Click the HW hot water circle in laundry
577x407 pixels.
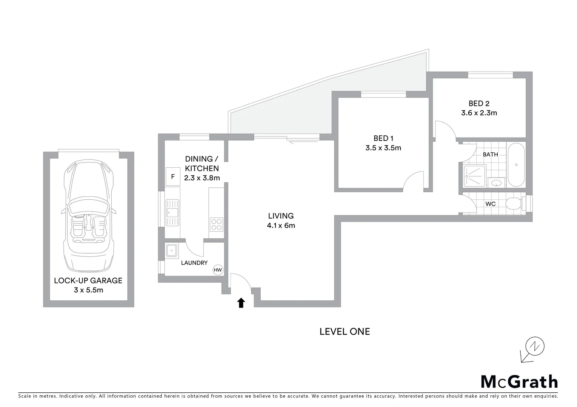pyautogui.click(x=218, y=270)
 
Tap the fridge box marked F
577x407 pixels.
pyautogui.click(x=173, y=176)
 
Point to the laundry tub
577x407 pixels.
pyautogui.click(x=172, y=250)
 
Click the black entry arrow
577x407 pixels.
pyautogui.click(x=241, y=303)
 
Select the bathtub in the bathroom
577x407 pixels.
pyautogui.click(x=516, y=165)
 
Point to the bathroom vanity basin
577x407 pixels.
pyautogui.click(x=497, y=183)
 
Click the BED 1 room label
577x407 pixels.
pyautogui.click(x=383, y=138)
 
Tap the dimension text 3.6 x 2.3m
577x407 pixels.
pyautogui.click(x=479, y=113)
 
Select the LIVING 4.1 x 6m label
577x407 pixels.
pyautogui.click(x=281, y=220)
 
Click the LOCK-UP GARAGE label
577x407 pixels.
pyautogui.click(x=88, y=280)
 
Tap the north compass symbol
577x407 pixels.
pyautogui.click(x=535, y=346)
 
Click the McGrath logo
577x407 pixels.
pyautogui.click(x=519, y=381)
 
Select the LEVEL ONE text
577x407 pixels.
pyautogui.click(x=345, y=331)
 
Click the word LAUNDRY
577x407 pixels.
pyautogui.click(x=194, y=263)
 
